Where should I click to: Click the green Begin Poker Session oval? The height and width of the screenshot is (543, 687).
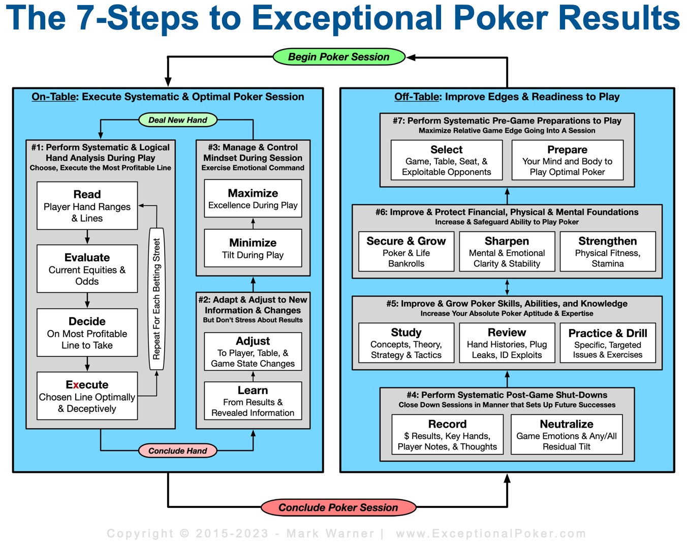click(x=338, y=57)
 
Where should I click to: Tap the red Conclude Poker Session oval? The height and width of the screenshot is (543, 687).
click(x=338, y=507)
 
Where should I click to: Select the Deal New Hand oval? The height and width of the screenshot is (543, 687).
click(x=178, y=120)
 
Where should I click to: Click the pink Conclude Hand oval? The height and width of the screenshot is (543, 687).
click(x=178, y=450)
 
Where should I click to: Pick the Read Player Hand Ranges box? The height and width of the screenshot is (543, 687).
click(x=87, y=206)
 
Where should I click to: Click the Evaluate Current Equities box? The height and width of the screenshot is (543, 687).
click(x=87, y=269)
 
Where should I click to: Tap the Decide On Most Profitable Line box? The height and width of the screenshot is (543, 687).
click(x=87, y=333)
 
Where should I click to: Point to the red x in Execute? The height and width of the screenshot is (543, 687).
click(x=76, y=385)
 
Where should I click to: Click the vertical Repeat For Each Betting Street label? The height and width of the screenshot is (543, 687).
click(x=157, y=299)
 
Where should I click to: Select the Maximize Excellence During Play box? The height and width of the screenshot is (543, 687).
click(x=253, y=199)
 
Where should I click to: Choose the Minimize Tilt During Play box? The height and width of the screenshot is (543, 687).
click(x=253, y=248)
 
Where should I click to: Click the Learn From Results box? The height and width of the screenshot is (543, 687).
click(x=253, y=401)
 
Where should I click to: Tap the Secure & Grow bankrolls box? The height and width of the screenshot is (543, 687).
click(x=406, y=252)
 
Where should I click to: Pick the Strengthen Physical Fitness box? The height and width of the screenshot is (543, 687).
click(x=607, y=252)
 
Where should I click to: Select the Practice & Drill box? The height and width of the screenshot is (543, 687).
click(x=607, y=343)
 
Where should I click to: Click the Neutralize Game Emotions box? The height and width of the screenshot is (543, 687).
click(x=566, y=435)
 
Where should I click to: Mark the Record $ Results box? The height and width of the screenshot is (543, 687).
click(x=447, y=435)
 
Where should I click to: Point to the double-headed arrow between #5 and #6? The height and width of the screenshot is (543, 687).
click(x=507, y=287)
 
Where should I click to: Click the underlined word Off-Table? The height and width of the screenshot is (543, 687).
click(x=416, y=97)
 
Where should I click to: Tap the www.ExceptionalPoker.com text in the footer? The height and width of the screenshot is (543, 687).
click(x=491, y=533)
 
